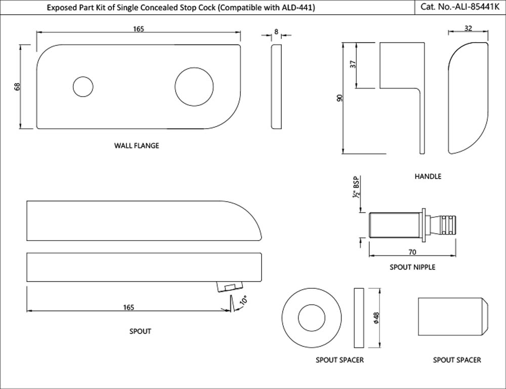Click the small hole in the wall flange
[x=83, y=87]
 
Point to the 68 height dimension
[x=17, y=87]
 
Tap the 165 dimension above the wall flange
[x=139, y=29]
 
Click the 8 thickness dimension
[x=276, y=31]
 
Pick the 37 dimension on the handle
[x=353, y=64]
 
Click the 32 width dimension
[x=468, y=29]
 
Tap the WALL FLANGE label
[x=137, y=146]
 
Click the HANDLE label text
[x=428, y=176]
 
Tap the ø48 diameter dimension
[x=376, y=318]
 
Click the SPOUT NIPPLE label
[x=412, y=267]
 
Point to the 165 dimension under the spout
[x=128, y=307]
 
